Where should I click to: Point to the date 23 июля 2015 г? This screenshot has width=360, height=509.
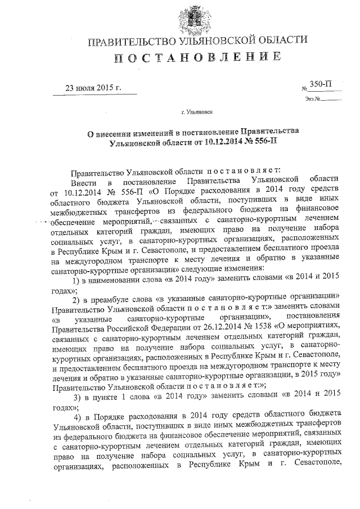pos(94,88)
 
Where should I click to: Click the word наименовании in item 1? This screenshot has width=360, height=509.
pos(115,278)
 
